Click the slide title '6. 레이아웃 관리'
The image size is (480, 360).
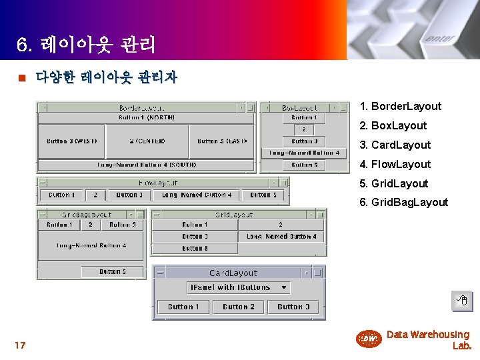pyautogui.click(x=86, y=45)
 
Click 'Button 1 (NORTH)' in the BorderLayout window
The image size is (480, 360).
pyautogui.click(x=147, y=118)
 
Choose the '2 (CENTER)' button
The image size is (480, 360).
pyautogui.click(x=147, y=141)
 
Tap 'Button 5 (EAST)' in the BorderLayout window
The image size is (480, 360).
pyautogui.click(x=222, y=141)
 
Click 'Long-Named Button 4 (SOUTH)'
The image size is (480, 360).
pyautogui.click(x=147, y=165)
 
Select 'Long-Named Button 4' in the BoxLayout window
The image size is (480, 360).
pyautogui.click(x=304, y=153)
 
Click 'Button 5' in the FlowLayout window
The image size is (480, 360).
pyautogui.click(x=267, y=195)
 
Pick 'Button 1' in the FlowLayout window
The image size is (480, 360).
pyautogui.click(x=62, y=195)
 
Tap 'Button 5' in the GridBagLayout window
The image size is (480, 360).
pyautogui.click(x=112, y=272)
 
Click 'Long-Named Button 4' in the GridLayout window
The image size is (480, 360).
pyautogui.click(x=281, y=237)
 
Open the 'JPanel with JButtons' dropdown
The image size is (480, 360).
pyautogui.click(x=239, y=288)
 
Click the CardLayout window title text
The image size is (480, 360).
pyautogui.click(x=233, y=273)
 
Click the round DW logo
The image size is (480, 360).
pyautogui.click(x=368, y=339)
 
